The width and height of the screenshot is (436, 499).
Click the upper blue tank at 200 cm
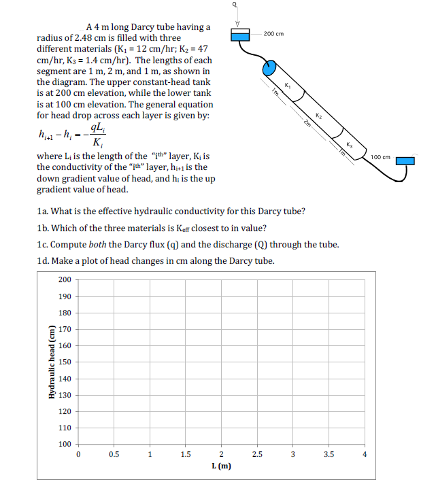(240, 34)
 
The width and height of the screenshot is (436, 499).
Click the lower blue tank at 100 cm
(405, 160)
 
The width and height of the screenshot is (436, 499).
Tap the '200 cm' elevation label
(273, 33)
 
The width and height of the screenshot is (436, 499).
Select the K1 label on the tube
(288, 85)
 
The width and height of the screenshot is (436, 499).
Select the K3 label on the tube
(350, 144)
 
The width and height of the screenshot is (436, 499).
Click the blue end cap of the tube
(269, 68)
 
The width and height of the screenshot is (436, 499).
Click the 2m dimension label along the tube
(307, 122)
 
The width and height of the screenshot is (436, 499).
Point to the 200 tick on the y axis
(65, 279)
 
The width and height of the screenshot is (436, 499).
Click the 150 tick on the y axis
(65, 362)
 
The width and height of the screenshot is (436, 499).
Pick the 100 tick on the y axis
(65, 445)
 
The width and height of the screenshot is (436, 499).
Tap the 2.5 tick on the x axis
(256, 454)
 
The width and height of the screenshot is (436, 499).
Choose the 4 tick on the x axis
(365, 454)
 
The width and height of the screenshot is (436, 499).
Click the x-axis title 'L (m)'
(221, 466)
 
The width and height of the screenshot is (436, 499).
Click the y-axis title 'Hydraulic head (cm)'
(51, 362)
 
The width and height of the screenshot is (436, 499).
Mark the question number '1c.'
(43, 245)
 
